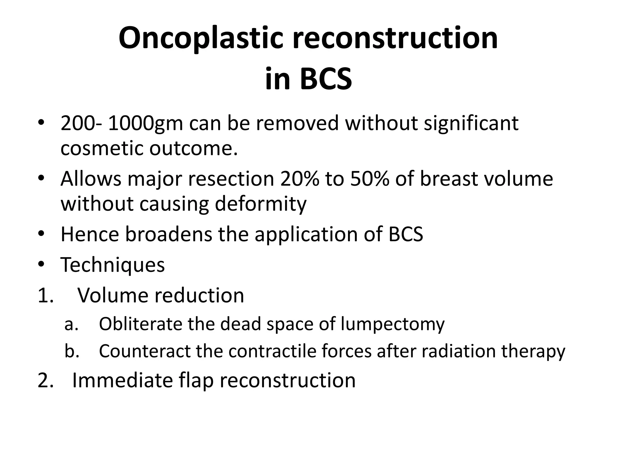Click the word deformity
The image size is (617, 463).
point(260,204)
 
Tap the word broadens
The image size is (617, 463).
point(168,234)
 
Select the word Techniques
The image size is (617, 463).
point(113,265)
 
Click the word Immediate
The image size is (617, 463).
point(122,380)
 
